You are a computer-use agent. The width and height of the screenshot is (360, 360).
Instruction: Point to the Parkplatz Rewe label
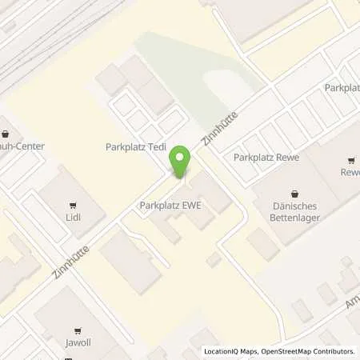pyautogui.click(x=266, y=158)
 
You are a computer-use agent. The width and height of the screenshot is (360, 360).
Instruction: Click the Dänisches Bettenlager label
pyautogui.click(x=296, y=210)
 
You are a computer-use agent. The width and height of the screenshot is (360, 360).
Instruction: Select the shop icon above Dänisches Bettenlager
pyautogui.click(x=296, y=193)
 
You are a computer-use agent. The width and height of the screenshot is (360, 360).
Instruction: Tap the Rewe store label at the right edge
pyautogui.click(x=350, y=172)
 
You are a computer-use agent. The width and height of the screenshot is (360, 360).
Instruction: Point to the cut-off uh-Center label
pyautogui.click(x=22, y=146)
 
